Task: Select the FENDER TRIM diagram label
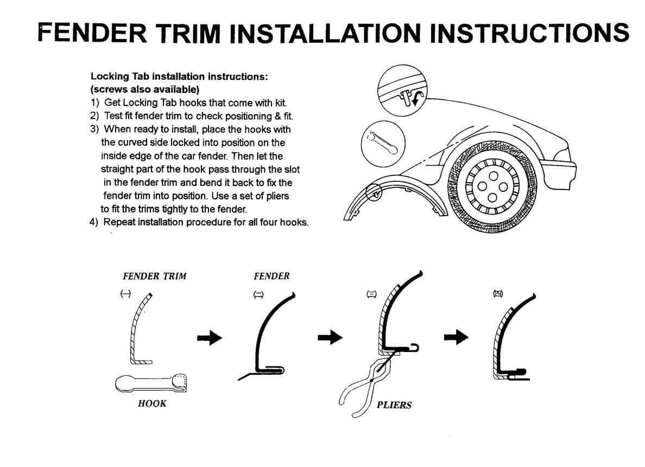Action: click(x=154, y=276)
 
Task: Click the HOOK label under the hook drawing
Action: click(x=152, y=403)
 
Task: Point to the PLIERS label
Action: click(x=394, y=405)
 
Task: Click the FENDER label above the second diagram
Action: click(x=271, y=276)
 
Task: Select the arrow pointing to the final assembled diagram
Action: click(x=456, y=338)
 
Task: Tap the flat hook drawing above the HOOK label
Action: click(x=151, y=383)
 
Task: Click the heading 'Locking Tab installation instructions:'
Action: click(x=179, y=77)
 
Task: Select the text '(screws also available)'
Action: click(x=145, y=89)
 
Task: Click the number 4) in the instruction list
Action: click(x=94, y=222)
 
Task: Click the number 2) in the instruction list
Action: click(x=94, y=116)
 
